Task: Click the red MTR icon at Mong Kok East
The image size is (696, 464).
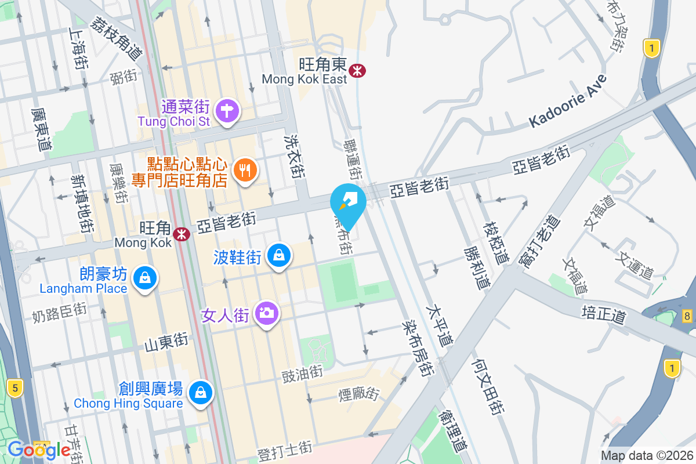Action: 357,71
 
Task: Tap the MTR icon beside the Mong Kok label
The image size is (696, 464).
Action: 182,234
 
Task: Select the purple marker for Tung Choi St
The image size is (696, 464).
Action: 227,111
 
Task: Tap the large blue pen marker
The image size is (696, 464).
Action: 348,203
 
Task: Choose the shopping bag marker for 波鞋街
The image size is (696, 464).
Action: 279,255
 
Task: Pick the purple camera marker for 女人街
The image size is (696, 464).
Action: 266,314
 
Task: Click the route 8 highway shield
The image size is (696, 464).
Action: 687,316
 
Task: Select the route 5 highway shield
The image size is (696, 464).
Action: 16,388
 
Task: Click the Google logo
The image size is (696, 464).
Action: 39,449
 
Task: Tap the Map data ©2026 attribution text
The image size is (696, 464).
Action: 646,456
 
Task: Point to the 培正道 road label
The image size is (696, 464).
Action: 604,315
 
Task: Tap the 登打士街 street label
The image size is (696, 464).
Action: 285,448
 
